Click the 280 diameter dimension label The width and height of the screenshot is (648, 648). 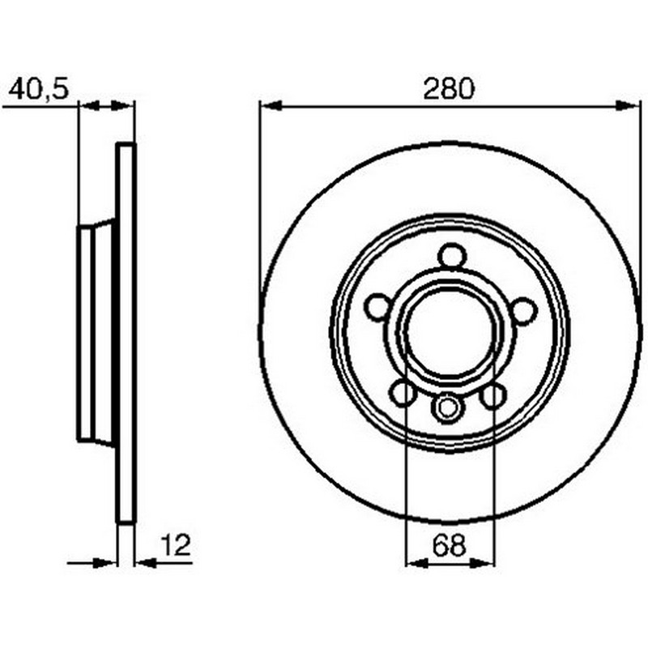tap(449, 89)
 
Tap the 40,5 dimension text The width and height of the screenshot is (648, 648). tap(38, 89)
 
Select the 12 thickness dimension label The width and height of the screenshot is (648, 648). tap(176, 545)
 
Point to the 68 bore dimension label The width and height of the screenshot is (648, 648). tap(450, 545)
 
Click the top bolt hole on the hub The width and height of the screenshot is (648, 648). tap(452, 257)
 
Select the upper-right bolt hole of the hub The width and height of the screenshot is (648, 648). tap(523, 311)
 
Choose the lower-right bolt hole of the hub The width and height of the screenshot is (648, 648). tap(493, 395)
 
